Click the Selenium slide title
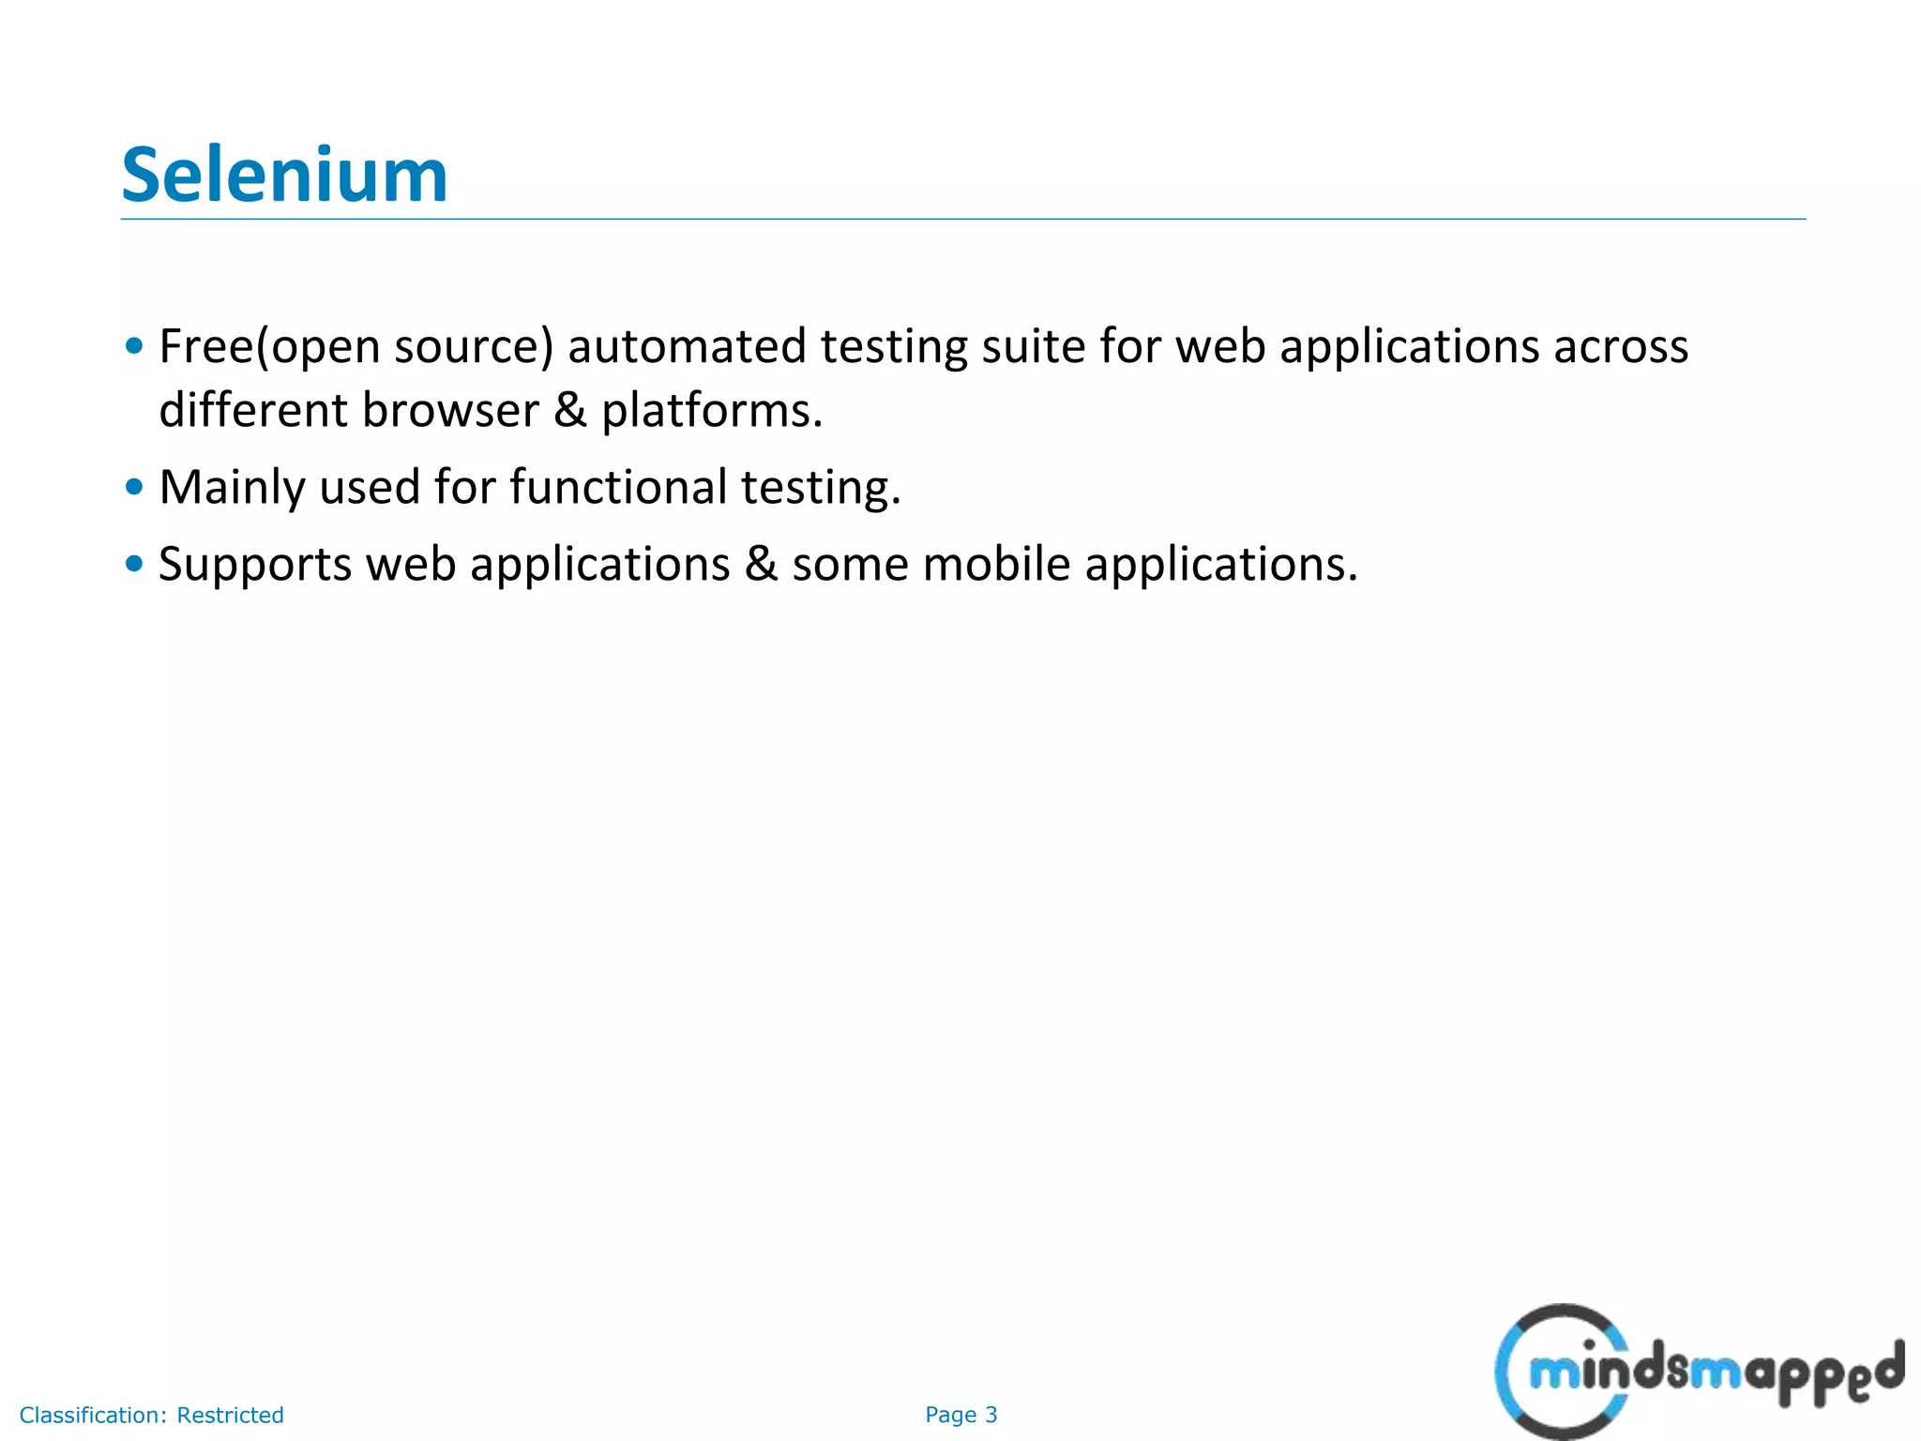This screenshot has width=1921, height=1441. coord(284,175)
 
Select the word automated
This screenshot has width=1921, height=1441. coord(687,347)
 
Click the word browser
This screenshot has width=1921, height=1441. coord(450,411)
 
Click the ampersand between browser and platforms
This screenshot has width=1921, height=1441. coord(569,411)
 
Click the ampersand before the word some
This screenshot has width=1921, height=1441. coord(761,565)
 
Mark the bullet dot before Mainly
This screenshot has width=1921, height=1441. coord(134,487)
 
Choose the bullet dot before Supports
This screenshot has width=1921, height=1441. coord(134,564)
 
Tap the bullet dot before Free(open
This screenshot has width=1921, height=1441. coord(134,346)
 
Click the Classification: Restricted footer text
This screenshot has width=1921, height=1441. coord(151,1415)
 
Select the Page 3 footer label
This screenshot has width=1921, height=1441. coord(960,1415)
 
